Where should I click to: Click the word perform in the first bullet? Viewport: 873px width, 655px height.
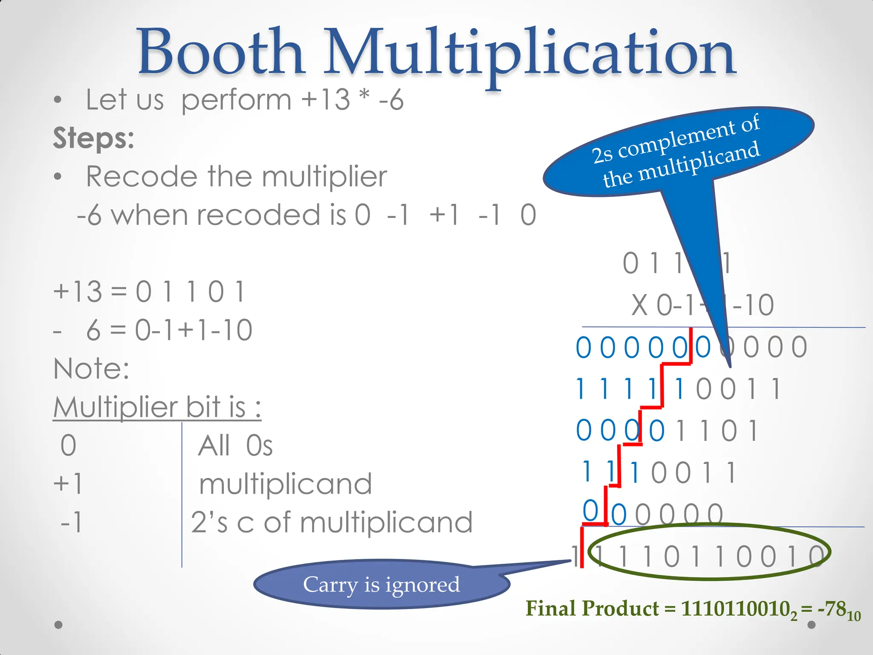tap(236, 100)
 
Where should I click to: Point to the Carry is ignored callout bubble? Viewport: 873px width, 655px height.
tap(381, 584)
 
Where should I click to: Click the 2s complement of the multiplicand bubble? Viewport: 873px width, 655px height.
tap(678, 151)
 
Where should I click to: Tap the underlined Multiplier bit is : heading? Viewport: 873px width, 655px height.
tap(157, 407)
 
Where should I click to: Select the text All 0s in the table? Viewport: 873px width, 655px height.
tap(235, 446)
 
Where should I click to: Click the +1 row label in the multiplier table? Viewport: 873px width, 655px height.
tap(68, 484)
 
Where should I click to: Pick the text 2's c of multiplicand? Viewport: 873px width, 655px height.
tap(332, 522)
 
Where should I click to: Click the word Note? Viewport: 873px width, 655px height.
tap(91, 368)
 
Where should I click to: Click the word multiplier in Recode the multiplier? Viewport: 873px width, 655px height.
tap(324, 176)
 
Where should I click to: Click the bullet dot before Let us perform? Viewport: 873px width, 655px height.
tap(58, 101)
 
